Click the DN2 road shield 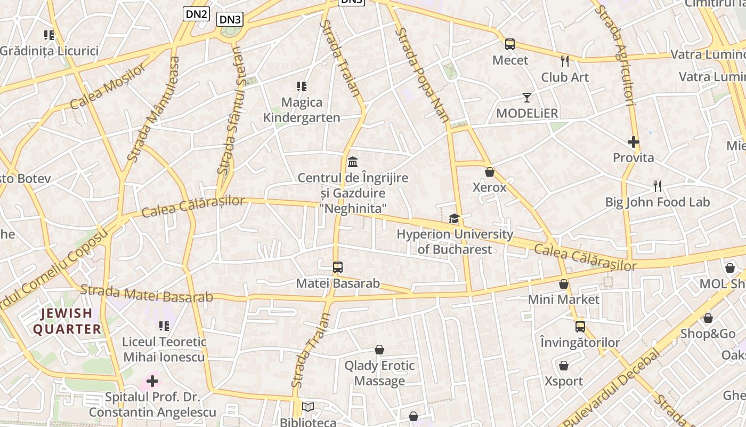196,14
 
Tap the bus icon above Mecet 510,44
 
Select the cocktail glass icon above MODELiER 527,98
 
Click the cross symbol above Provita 634,142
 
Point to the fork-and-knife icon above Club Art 565,61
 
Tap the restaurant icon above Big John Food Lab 658,186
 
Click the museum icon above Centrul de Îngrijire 353,161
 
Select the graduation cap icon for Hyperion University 454,218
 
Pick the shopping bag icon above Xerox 490,172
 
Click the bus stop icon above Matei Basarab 338,267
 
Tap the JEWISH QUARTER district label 67,321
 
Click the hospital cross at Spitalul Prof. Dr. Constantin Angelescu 152,381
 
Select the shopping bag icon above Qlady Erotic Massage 379,350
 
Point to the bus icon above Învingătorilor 580,326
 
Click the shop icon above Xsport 564,366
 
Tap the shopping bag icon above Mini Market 564,284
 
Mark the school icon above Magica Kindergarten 302,86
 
